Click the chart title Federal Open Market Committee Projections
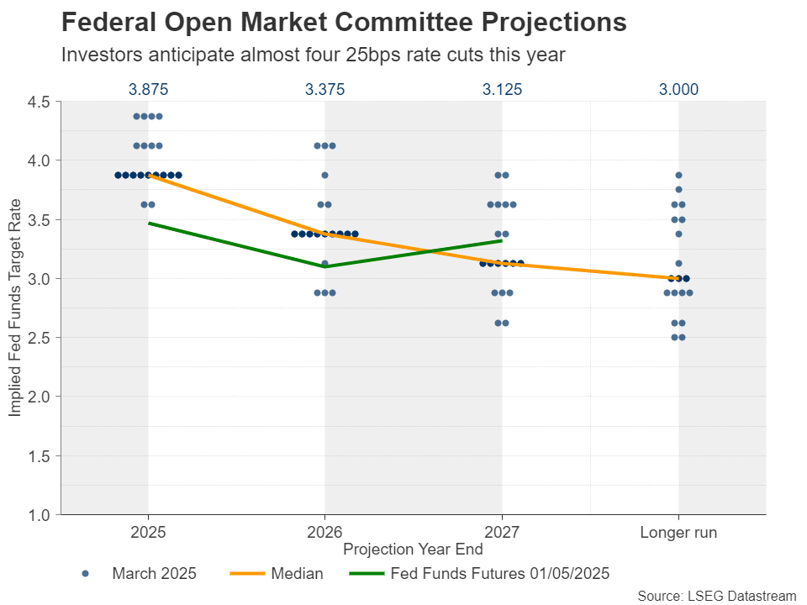tap(344, 23)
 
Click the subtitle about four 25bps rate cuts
tap(313, 55)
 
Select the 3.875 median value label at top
tap(148, 89)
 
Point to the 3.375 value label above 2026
tap(324, 89)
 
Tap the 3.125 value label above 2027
tap(502, 89)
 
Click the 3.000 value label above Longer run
tap(678, 89)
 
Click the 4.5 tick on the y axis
tap(40, 102)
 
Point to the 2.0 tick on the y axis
tap(40, 397)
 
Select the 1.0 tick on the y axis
tap(40, 514)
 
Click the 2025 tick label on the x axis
tap(148, 533)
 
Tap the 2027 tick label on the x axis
tap(502, 533)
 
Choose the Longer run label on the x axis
tap(678, 533)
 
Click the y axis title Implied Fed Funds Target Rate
tap(15, 308)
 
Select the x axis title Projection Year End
tap(413, 550)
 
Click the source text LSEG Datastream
tap(716, 595)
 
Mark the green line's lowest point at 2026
tap(325, 266)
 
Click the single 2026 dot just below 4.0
tap(325, 176)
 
